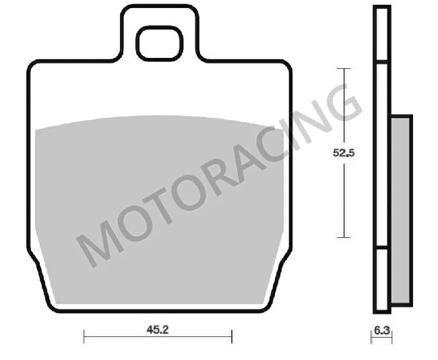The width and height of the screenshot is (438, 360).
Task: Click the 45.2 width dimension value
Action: pyautogui.click(x=158, y=330)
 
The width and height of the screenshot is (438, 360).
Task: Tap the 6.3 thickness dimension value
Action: pyautogui.click(x=381, y=330)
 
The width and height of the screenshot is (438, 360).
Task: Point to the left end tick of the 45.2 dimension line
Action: pyautogui.click(x=84, y=336)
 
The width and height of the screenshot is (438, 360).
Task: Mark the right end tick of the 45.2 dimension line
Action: pyautogui.click(x=231, y=336)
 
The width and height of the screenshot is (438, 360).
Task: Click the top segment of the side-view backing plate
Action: pyautogui.click(x=382, y=34)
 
